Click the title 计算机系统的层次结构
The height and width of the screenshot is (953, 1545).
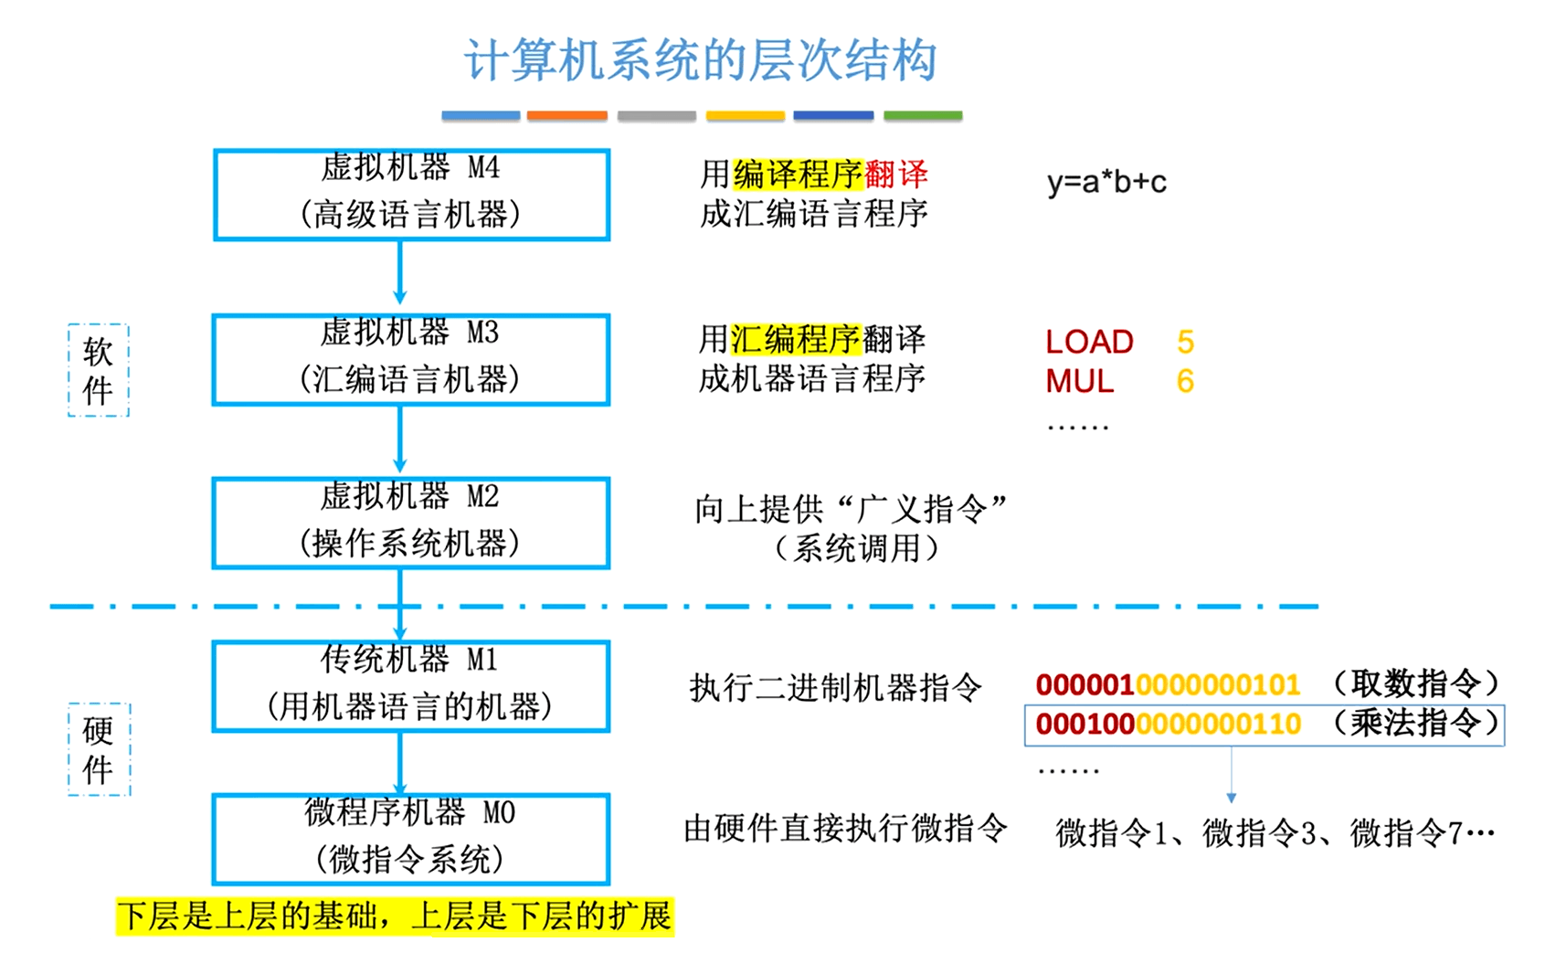tap(700, 60)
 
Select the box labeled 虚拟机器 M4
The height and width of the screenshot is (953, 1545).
tap(411, 194)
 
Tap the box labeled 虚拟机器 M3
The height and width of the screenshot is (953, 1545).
tap(411, 359)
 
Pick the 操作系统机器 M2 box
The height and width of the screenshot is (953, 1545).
tap(411, 523)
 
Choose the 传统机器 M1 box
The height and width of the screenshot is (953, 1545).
tap(411, 685)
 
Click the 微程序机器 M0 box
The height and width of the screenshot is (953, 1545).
tap(411, 839)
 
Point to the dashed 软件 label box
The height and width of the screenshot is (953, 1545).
tap(99, 371)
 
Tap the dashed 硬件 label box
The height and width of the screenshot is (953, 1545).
tap(99, 749)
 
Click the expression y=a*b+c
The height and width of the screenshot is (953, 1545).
tap(1106, 182)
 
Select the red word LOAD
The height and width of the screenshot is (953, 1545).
tap(1089, 342)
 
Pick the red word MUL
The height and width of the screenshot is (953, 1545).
tap(1079, 381)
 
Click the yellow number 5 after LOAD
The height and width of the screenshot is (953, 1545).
tap(1185, 342)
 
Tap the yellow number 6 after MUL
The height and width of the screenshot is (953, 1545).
tap(1185, 381)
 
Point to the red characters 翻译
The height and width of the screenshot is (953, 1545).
tap(896, 174)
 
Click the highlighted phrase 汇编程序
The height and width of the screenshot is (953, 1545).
tap(795, 340)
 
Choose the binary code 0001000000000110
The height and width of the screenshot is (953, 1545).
tap(1168, 724)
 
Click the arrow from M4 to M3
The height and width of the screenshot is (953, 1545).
tap(399, 272)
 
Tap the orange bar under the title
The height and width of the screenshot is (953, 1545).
tap(566, 116)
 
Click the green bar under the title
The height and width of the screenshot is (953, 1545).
tap(923, 116)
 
